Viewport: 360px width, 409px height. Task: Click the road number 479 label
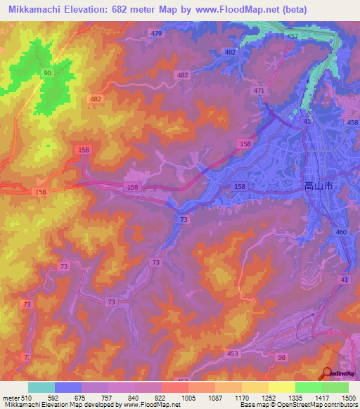point(156,34)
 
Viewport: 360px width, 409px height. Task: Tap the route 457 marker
point(292,36)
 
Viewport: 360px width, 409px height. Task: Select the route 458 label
point(352,123)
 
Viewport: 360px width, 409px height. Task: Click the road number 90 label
point(47,73)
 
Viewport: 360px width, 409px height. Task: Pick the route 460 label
point(342,232)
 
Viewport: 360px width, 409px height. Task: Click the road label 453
point(232,354)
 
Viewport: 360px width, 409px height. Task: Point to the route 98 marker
point(281,358)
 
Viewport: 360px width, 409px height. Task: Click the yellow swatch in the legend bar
point(282,387)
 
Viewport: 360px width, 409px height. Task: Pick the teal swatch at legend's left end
point(41,387)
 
